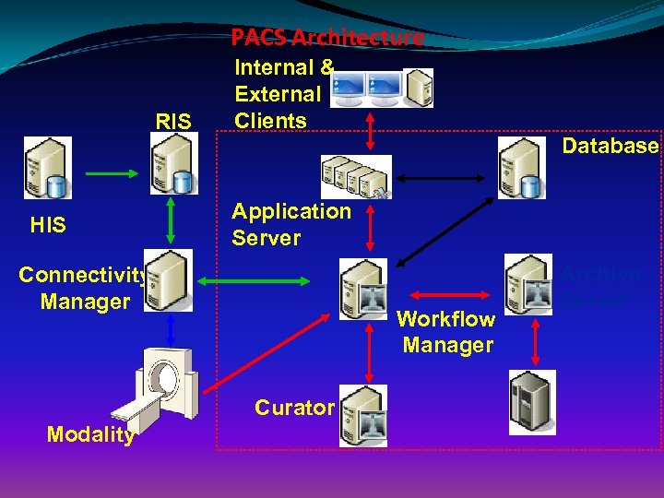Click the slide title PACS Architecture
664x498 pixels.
327,38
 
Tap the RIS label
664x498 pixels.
173,121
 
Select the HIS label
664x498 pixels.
48,224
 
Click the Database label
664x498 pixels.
611,146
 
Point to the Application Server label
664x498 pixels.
290,224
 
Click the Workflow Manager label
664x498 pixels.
447,332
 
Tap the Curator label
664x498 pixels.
294,407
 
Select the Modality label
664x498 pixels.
91,435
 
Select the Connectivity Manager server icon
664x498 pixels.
169,280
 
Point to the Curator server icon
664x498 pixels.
362,416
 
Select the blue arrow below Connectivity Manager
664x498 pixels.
172,329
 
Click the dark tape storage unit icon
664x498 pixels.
532,402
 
